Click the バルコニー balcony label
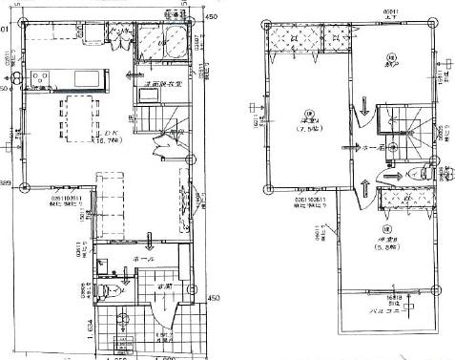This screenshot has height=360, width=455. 390,310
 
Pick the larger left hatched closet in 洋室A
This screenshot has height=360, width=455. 296,39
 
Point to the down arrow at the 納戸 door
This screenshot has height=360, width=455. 366,116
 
